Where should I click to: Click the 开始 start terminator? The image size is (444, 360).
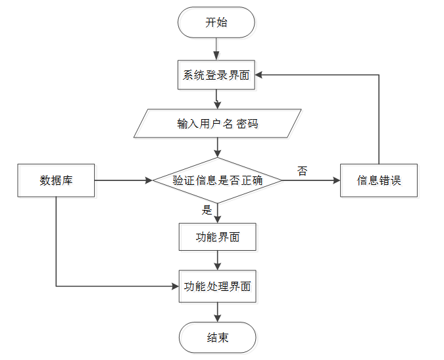[216, 22]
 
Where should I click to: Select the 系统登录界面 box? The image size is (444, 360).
[216, 75]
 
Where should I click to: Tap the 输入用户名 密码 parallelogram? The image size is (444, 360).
[218, 124]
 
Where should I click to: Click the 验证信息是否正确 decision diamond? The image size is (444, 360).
[218, 180]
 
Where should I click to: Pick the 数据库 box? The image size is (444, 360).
[56, 180]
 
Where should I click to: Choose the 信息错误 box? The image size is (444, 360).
[379, 180]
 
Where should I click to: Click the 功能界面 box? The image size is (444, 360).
[218, 237]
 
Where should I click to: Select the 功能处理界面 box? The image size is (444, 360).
[218, 286]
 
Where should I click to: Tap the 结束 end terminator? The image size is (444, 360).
[218, 338]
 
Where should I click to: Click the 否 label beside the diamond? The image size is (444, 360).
[302, 171]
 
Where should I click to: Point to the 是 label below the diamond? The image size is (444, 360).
[207, 210]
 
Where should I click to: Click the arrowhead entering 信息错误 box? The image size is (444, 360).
[337, 180]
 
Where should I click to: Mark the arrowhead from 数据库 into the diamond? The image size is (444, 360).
[149, 180]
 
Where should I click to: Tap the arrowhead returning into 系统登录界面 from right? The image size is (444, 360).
[259, 75]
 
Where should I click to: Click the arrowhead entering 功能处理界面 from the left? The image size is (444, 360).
[175, 286]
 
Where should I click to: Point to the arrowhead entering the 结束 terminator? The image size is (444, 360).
[218, 319]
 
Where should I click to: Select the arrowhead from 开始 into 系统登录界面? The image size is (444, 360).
[216, 56]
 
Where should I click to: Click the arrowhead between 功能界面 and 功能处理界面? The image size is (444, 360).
[218, 267]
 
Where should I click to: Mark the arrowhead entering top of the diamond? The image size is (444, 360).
[218, 154]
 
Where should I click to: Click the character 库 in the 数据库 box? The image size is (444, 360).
[67, 180]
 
